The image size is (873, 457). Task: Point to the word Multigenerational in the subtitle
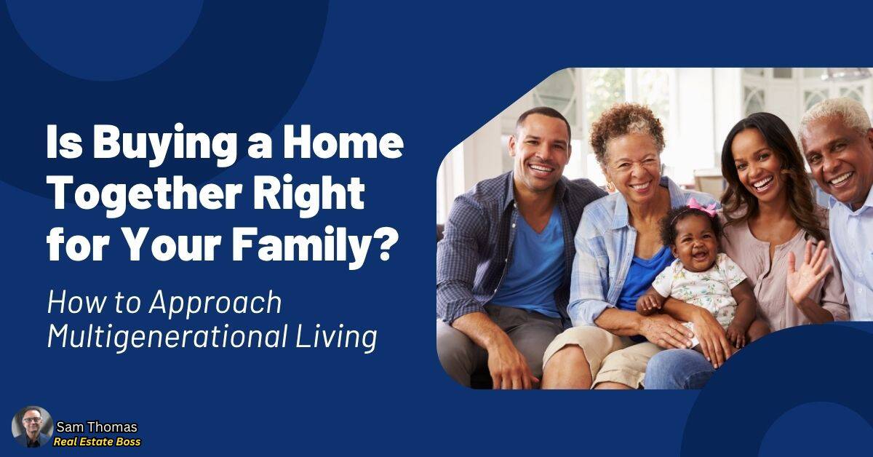[167, 337]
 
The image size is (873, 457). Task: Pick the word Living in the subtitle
[336, 338]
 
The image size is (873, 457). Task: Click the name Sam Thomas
[97, 427]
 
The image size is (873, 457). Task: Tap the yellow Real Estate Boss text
[97, 442]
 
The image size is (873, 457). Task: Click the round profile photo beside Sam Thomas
[32, 426]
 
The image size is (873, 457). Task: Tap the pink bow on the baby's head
[703, 206]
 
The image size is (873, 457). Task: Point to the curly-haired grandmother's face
[634, 164]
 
